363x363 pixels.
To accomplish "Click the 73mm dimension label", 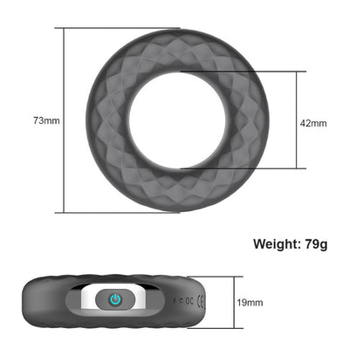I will (46, 120).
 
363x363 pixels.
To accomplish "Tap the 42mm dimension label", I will (313, 123).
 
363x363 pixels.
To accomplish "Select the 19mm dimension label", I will (250, 302).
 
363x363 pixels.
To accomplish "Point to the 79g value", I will (313, 243).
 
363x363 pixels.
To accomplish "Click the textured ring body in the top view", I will (105, 120).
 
